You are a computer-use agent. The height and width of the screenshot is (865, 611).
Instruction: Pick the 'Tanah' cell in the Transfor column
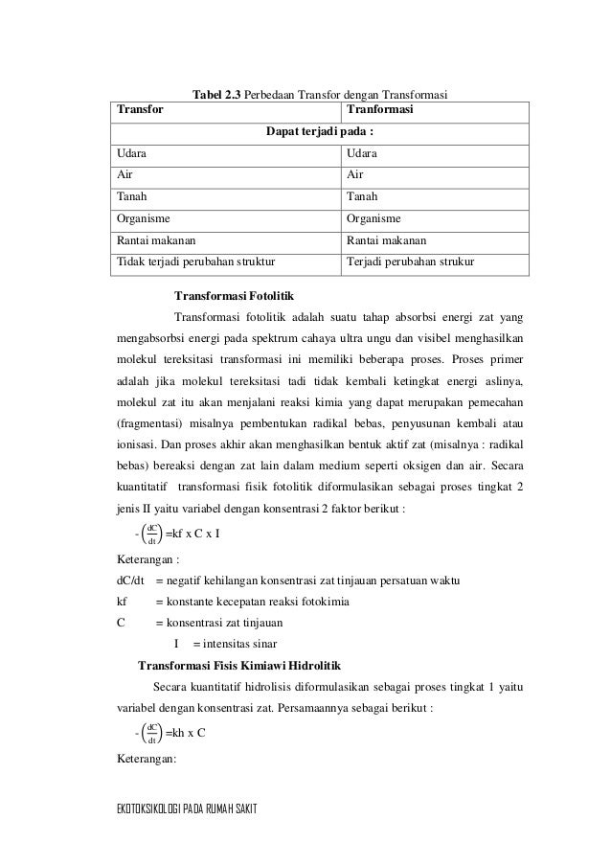(132, 196)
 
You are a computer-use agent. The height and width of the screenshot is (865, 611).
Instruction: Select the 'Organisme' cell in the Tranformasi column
(373, 217)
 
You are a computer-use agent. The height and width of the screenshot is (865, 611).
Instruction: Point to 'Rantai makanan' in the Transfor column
(158, 239)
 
